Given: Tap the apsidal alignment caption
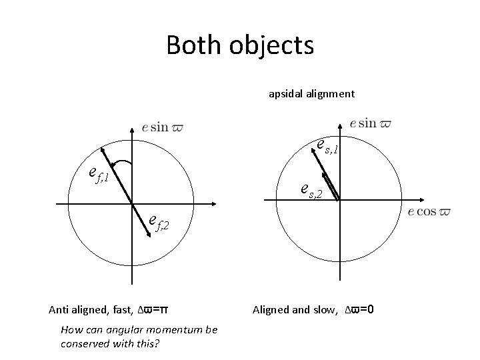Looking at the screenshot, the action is [311, 94].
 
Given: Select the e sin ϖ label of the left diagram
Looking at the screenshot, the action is [163, 127].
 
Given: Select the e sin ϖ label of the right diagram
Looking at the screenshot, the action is [371, 123].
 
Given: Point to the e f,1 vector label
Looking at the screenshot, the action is [99, 175].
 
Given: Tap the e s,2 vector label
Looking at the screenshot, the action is [311, 193].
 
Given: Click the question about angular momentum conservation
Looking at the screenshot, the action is [139, 335].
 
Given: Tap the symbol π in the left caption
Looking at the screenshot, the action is [163, 309].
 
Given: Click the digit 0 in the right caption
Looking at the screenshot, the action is [370, 309].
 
